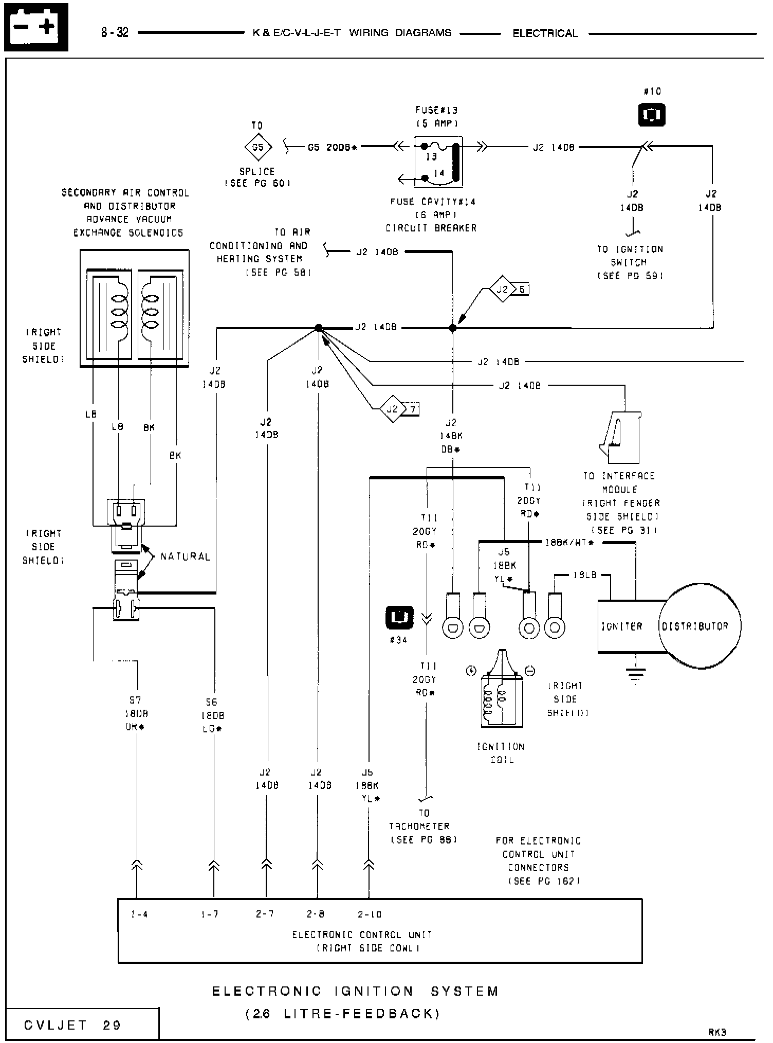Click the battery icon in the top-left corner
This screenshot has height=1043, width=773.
[x=36, y=27]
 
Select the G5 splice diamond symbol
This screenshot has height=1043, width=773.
[x=257, y=148]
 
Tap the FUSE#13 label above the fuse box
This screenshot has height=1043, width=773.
[x=436, y=110]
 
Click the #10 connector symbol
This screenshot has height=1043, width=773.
[x=652, y=115]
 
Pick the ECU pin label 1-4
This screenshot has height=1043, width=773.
[x=139, y=914]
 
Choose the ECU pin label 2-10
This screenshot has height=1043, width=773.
[x=370, y=914]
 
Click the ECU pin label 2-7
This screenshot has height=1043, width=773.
[x=265, y=914]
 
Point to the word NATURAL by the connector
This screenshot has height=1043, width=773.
[x=186, y=556]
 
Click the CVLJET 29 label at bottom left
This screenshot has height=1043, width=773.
[x=72, y=1025]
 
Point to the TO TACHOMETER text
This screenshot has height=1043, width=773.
[x=423, y=826]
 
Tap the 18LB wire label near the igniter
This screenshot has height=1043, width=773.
[x=585, y=574]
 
